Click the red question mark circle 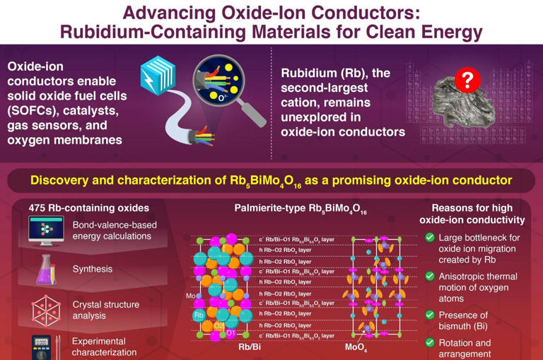(467, 80)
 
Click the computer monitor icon (46, 230)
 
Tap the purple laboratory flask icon (46, 269)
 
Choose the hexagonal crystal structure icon (46, 310)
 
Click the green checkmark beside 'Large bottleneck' (429, 238)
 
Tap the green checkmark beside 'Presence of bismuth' (429, 315)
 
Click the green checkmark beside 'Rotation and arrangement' (429, 343)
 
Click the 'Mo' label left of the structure (190, 296)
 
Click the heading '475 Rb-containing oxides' (89, 208)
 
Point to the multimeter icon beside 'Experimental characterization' (42, 347)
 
